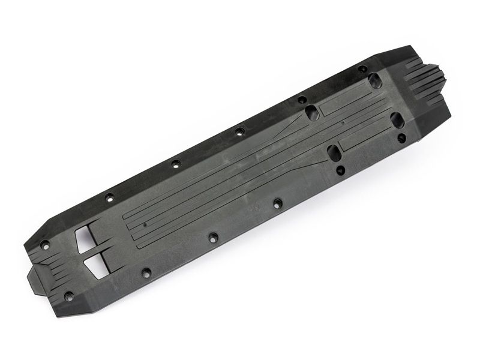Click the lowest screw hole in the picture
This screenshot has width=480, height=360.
[68, 296]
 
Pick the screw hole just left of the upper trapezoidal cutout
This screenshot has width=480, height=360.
[44, 244]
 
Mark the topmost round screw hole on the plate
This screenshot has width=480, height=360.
[363, 69]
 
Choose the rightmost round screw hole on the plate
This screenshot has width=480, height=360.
[401, 137]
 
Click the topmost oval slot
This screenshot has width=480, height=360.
[375, 80]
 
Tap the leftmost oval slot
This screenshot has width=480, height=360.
[312, 112]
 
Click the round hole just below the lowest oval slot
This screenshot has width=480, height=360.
[340, 170]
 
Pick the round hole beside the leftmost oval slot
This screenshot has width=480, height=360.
[302, 100]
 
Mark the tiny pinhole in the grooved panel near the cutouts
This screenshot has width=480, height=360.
[145, 226]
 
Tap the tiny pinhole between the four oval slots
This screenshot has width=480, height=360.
[342, 122]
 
